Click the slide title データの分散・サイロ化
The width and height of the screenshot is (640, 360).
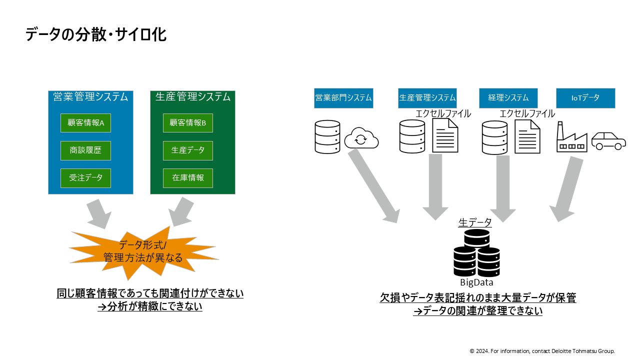(x=95, y=34)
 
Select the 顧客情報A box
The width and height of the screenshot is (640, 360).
(x=85, y=123)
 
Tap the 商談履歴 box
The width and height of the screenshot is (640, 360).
(x=85, y=150)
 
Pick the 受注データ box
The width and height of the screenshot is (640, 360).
(x=85, y=178)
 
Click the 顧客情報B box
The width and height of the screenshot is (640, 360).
(x=188, y=123)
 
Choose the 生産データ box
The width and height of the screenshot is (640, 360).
(x=188, y=150)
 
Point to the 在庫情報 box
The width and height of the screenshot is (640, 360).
(x=188, y=178)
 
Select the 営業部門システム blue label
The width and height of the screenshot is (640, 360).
(x=343, y=98)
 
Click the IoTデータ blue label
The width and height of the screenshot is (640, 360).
(x=585, y=98)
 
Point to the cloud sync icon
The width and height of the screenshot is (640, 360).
(x=361, y=138)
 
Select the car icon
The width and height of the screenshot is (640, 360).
(x=608, y=140)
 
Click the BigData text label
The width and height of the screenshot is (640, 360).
(x=476, y=282)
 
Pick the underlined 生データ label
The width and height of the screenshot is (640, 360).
(x=475, y=223)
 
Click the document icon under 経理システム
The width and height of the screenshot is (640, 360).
(x=527, y=136)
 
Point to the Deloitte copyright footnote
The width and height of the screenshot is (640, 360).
(x=542, y=351)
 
